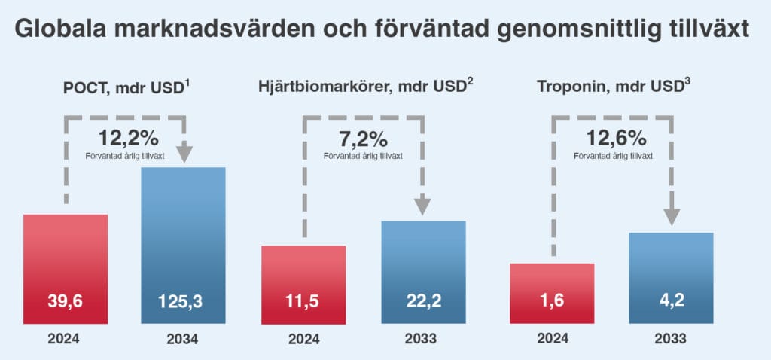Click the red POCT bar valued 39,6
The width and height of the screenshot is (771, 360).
(66, 269)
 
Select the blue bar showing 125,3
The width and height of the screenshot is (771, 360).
(184, 246)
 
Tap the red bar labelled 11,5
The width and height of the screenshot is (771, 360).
(303, 285)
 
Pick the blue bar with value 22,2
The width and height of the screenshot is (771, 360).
(423, 273)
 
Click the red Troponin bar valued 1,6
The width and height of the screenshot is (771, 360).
(552, 294)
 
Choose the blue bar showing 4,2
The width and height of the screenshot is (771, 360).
(671, 278)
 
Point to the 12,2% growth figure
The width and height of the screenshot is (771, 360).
(128, 138)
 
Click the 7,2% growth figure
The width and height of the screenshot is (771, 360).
(364, 139)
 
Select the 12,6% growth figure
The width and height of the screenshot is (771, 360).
(616, 139)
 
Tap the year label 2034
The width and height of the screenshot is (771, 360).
(182, 340)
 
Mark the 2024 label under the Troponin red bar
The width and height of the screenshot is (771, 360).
(553, 338)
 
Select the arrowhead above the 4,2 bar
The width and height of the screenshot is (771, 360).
(672, 216)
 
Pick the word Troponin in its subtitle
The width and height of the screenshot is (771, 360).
(567, 87)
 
